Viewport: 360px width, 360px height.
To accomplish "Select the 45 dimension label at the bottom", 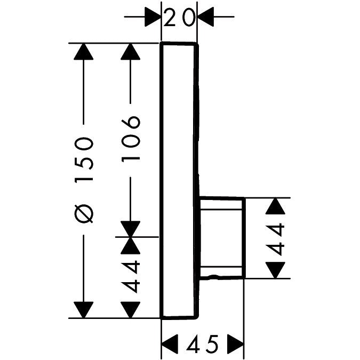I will pos(203,345).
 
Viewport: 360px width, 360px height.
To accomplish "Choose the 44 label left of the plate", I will pos(131,276).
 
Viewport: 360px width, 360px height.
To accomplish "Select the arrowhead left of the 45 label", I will pos(170,344).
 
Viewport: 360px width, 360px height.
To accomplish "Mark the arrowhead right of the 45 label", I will pos(235,344).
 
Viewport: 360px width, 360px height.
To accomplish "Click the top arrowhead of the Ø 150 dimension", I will pos(83,52).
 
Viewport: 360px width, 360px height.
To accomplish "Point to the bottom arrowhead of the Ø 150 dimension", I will pos(83,309).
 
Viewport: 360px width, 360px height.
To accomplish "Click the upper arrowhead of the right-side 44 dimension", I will pos(275,206).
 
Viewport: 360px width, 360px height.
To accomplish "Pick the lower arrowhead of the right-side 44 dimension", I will pos(275,270).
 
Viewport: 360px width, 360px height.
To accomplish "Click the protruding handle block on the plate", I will pos(222,238).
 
